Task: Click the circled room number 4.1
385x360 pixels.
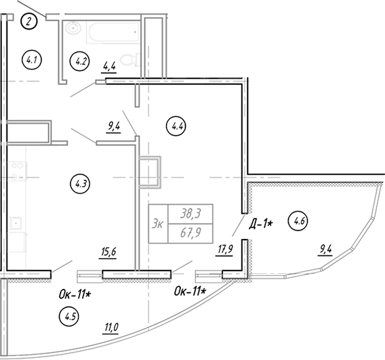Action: [32, 60]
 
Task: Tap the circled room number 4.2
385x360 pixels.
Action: [80, 61]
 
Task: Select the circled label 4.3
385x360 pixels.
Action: [80, 184]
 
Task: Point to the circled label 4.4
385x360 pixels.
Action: [176, 126]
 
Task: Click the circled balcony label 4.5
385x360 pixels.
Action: [69, 317]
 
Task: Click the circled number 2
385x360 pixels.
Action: [29, 22]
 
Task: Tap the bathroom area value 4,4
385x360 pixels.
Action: [109, 66]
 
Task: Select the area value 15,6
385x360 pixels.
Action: [109, 251]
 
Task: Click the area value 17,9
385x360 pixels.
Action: [225, 249]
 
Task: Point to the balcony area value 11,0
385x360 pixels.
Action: [111, 327]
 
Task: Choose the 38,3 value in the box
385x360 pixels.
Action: [191, 214]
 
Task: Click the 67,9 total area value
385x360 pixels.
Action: [191, 233]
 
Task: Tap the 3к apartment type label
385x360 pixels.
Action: [157, 224]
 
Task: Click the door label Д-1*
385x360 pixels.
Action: [261, 224]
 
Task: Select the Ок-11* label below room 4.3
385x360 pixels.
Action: [74, 294]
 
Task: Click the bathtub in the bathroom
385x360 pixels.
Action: [113, 33]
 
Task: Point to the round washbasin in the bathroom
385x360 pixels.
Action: [73, 28]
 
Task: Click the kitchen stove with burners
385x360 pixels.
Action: [17, 171]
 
